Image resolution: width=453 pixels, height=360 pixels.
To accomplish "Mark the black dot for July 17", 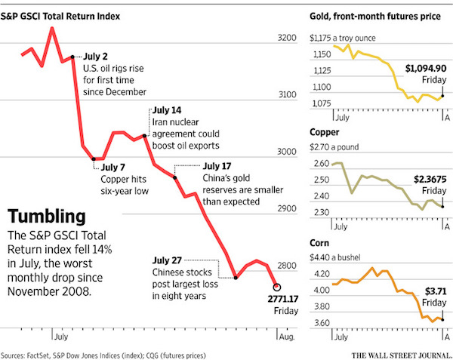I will tap(175, 178).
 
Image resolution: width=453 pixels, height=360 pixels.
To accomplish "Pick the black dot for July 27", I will tap(236, 277).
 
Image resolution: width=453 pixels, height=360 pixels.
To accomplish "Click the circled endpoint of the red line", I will tap(277, 287).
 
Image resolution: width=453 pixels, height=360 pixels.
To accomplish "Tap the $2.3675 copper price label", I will tap(431, 179).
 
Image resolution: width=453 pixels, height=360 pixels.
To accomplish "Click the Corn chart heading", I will tap(320, 243).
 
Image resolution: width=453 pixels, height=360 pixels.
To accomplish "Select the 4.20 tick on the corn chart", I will tap(319, 275).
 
